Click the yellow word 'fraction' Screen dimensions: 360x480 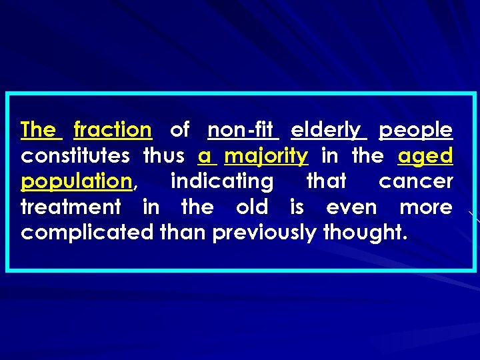click(113, 129)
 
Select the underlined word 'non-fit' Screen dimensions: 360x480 click(243, 129)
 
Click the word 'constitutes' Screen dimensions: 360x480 click(75, 156)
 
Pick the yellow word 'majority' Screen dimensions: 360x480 click(266, 157)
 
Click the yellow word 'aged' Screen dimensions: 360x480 click(425, 157)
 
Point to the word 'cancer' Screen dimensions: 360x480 click(415, 181)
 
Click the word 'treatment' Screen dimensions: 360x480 click(71, 207)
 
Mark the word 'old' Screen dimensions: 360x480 click(251, 207)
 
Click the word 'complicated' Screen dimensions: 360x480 click(88, 233)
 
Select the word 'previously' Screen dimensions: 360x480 click(265, 233)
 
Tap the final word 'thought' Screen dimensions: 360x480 click(363, 233)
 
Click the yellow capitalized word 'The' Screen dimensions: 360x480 click(41, 129)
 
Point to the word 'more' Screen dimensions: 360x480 click(425, 207)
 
